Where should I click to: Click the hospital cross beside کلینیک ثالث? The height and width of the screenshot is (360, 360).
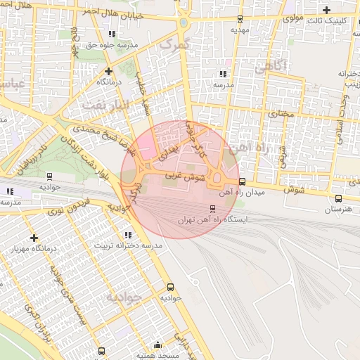pyautogui.click(x=326, y=10)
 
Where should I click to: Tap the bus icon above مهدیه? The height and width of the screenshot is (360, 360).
pyautogui.click(x=240, y=19)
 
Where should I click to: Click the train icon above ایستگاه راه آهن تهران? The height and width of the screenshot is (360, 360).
pyautogui.click(x=212, y=209)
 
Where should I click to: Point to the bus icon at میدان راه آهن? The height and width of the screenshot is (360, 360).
pyautogui.click(x=242, y=181)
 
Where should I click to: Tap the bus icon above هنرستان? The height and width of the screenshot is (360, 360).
pyautogui.click(x=339, y=199)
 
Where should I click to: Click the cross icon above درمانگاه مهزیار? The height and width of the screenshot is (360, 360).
pyautogui.click(x=34, y=238)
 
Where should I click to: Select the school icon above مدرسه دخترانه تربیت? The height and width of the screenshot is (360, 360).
pyautogui.click(x=127, y=235)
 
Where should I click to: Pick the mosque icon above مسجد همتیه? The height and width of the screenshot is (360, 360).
pyautogui.click(x=157, y=345)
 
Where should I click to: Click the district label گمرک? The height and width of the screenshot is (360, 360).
pyautogui.click(x=174, y=44)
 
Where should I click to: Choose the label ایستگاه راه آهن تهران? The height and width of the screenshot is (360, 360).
pyautogui.click(x=205, y=220)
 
